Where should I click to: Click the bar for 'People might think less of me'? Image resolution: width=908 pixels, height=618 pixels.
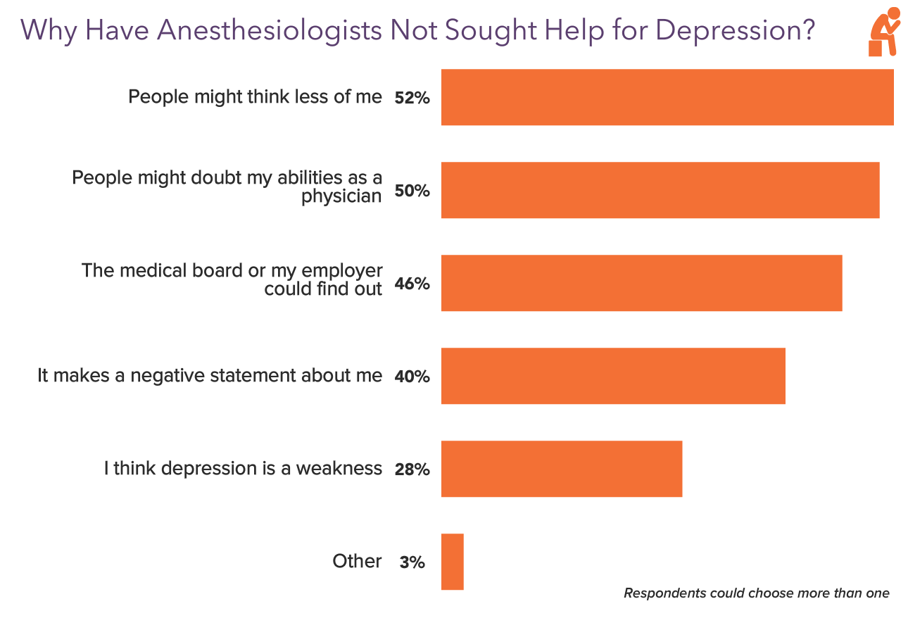667,97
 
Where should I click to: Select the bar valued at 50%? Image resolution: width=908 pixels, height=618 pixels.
660,190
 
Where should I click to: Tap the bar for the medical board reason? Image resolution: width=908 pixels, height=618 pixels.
641,283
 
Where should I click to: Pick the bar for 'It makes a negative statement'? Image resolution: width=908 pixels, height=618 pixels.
613,376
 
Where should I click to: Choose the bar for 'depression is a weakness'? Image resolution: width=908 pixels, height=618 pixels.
562,469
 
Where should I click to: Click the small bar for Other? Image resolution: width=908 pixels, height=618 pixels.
452,562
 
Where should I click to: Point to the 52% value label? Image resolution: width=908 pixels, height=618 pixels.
412,99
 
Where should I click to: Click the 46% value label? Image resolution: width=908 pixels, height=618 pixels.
412,284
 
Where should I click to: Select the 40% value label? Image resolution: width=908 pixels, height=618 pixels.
412,377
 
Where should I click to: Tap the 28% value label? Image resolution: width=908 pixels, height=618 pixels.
412,470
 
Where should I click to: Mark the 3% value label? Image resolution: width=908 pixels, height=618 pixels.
412,563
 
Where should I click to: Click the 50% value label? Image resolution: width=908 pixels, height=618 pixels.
412,191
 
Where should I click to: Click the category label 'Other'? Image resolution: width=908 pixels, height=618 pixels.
357,562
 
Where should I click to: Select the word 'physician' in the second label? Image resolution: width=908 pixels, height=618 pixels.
341,196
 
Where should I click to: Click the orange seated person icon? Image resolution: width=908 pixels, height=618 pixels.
884,32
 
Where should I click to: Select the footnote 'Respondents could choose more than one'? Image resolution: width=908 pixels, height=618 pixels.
756,593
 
